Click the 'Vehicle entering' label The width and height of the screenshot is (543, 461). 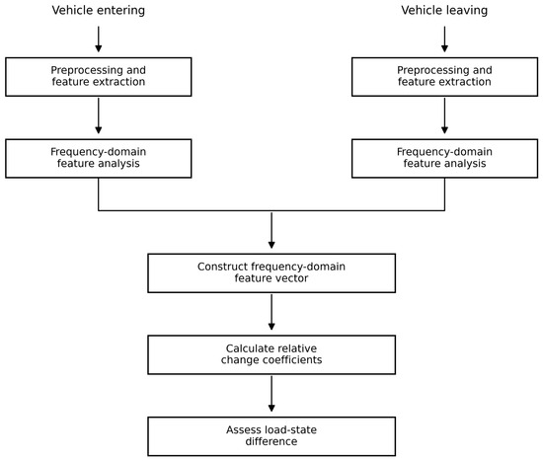(x=99, y=11)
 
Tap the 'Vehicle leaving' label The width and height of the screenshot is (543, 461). (x=444, y=11)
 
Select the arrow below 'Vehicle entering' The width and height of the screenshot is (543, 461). (x=99, y=39)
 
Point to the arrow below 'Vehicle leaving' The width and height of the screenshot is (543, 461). (x=444, y=39)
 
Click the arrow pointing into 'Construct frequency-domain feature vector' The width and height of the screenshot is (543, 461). (x=271, y=230)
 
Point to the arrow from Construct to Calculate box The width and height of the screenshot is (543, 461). (x=271, y=312)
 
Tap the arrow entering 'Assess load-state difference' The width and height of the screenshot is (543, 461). (x=271, y=394)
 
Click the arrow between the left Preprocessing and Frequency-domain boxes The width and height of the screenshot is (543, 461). (x=99, y=115)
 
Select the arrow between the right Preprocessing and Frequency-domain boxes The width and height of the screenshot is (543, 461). (x=444, y=115)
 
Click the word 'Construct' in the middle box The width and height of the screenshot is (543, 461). (x=223, y=267)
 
